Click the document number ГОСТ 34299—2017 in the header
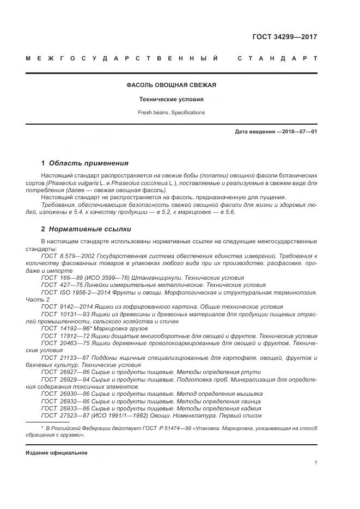coord(284,37)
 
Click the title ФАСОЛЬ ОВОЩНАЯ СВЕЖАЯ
coord(172,85)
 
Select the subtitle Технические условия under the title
coord(172,99)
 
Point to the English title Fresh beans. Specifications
coord(172,112)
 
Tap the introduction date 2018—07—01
coord(297,132)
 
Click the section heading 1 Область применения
coord(85,163)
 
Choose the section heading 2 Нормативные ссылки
coord(86,229)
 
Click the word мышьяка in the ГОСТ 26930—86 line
coord(249,394)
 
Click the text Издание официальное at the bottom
coord(57,453)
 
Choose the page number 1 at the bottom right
coord(316,463)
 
